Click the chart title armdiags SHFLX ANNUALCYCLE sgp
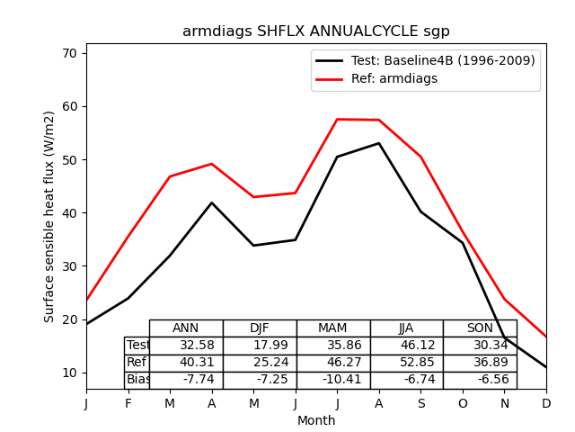pos(316,31)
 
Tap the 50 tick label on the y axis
pos(71,160)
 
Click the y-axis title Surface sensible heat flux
pos(49,216)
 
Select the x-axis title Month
pos(316,420)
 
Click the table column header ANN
pos(186,328)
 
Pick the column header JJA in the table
pos(406,328)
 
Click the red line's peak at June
pos(337,119)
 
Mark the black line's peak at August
pos(379,143)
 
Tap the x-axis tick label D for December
pos(546,404)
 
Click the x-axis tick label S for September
pos(420,404)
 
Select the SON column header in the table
pos(480,328)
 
